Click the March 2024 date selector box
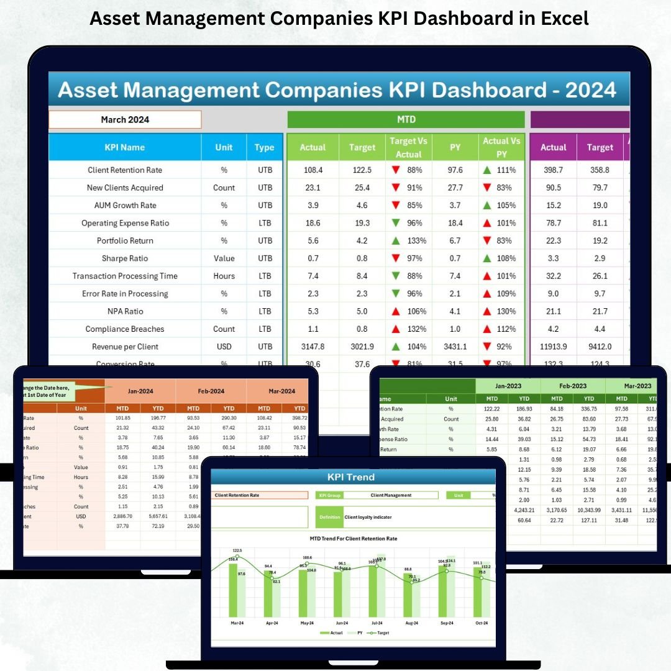click(125, 119)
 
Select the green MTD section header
click(406, 119)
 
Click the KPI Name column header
click(125, 147)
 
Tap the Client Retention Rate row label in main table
click(125, 170)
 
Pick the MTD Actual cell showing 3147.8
click(312, 347)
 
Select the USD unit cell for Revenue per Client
click(224, 347)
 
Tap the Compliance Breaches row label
click(125, 329)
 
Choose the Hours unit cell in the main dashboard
click(224, 276)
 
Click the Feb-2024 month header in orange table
click(211, 391)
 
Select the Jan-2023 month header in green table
click(508, 386)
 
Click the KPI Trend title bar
click(350, 477)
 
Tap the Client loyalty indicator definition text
click(368, 517)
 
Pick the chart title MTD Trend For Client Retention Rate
click(353, 539)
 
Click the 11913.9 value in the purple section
click(553, 347)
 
